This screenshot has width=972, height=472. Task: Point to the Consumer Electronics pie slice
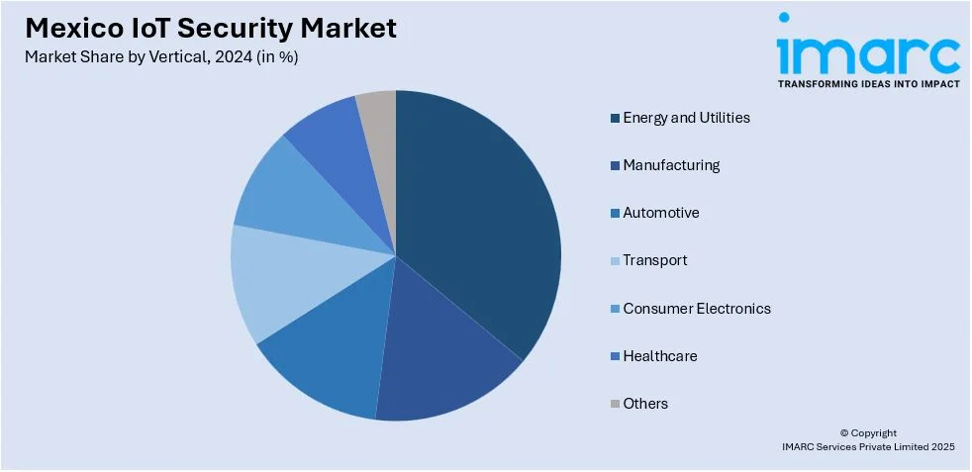coord(287,193)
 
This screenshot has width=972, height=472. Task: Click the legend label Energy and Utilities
coord(686,118)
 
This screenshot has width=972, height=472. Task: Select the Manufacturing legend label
coord(671,165)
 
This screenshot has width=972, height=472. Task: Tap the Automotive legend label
coord(660,213)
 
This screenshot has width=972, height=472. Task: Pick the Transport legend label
coord(654,260)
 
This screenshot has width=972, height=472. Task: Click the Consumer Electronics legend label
coord(696,308)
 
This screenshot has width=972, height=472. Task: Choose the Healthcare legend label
coord(659,355)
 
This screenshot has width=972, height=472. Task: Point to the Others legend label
coord(645,403)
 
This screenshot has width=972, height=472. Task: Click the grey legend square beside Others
coord(615,404)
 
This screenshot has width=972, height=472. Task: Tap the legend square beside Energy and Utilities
coord(615,119)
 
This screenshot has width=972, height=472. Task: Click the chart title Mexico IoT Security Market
coord(210,28)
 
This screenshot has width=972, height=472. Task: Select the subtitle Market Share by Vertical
coord(161,56)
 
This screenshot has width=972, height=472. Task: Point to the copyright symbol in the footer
coord(844,432)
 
